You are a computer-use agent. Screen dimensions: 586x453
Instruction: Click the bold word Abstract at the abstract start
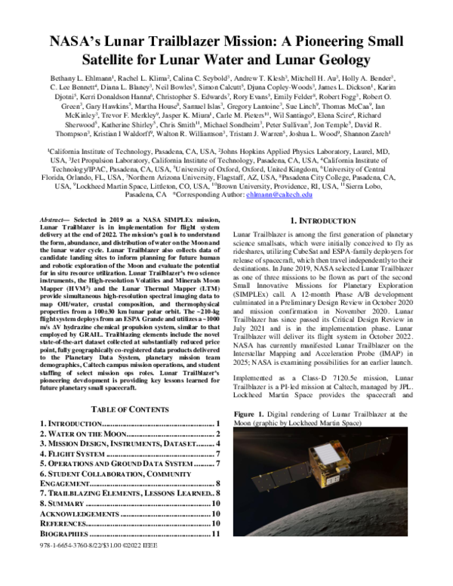click(x=55, y=217)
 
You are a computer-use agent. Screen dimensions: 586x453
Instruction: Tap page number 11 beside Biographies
click(x=215, y=535)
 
